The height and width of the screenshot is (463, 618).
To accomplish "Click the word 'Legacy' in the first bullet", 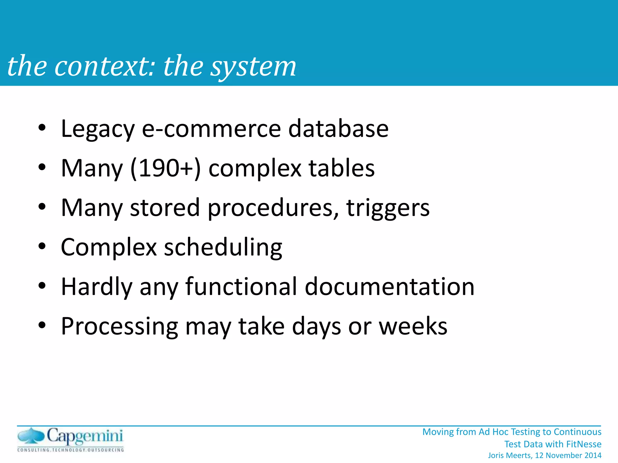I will tap(97, 129).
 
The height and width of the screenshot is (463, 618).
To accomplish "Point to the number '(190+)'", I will tap(165, 168).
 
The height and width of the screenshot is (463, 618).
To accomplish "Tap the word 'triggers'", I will tap(388, 208).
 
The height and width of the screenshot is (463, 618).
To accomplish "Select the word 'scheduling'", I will tap(223, 247).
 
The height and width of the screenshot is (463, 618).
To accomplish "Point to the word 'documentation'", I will tap(390, 286).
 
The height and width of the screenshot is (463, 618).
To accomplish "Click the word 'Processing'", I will tap(119, 326).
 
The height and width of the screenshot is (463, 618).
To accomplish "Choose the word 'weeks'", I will tap(413, 326).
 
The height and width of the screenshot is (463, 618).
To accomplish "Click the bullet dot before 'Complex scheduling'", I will tap(42, 246).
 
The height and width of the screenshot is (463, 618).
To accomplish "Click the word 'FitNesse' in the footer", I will tap(584, 444).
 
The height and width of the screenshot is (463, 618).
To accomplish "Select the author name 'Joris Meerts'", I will tap(510, 455).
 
